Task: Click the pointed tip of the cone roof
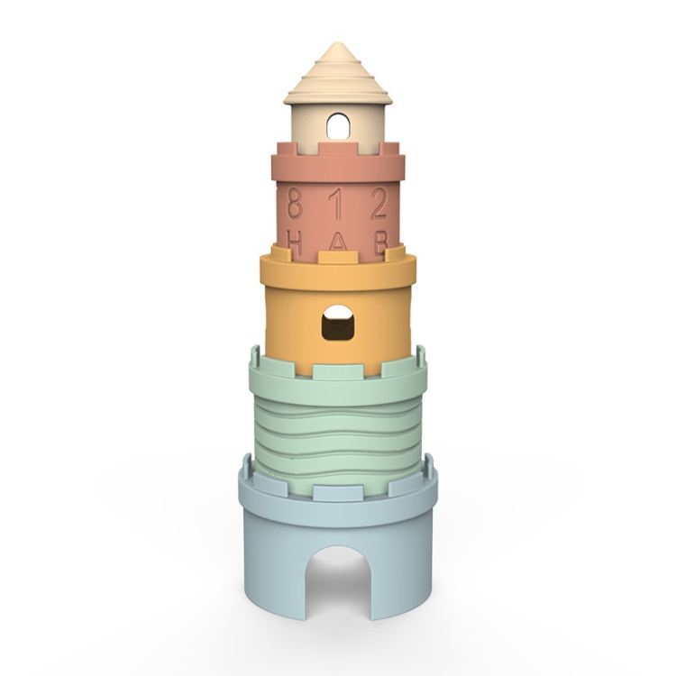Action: (338, 43)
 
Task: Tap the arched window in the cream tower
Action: (338, 124)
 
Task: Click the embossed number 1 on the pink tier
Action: (337, 204)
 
